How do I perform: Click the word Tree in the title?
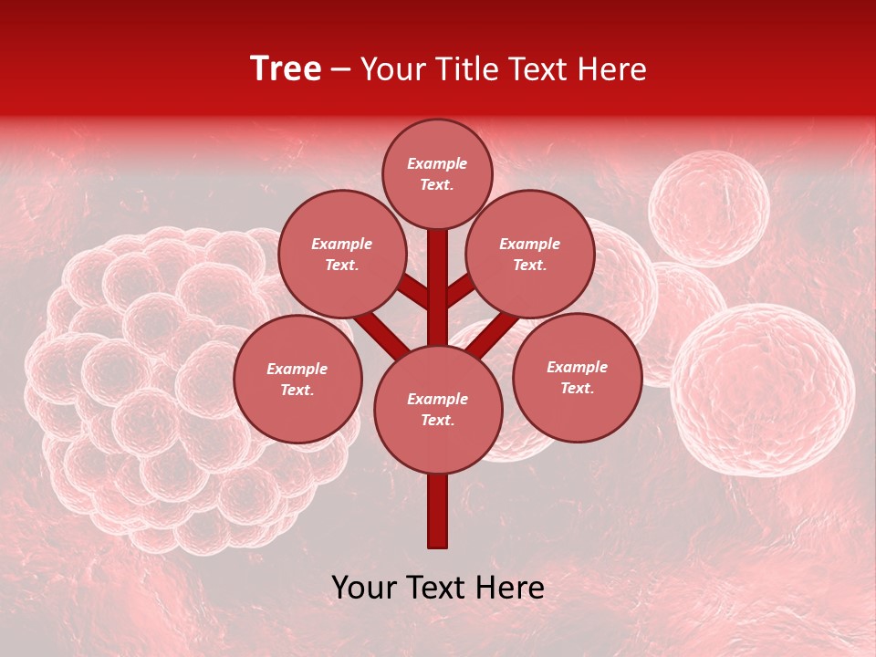(286, 68)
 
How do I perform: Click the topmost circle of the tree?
(437, 173)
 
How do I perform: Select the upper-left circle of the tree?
(341, 255)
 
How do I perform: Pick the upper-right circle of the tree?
(530, 255)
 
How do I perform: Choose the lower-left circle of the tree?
(297, 380)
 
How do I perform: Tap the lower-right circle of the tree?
(577, 377)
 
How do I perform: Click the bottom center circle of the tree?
(438, 410)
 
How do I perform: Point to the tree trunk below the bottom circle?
(438, 511)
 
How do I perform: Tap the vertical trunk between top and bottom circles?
(438, 292)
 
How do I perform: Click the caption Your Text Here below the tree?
(438, 588)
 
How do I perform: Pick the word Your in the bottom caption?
(364, 588)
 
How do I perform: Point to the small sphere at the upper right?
(709, 208)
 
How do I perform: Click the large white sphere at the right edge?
(763, 390)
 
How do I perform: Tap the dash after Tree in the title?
(341, 69)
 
